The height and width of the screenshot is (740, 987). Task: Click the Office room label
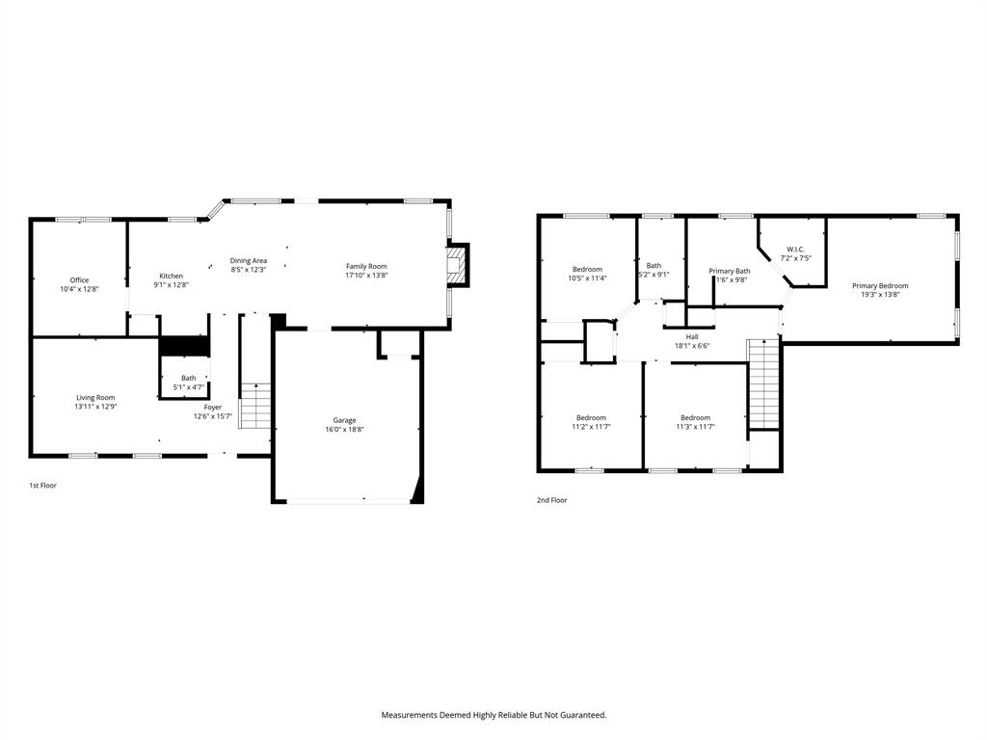pyautogui.click(x=79, y=280)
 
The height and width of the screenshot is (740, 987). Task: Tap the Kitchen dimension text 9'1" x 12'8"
pyautogui.click(x=171, y=285)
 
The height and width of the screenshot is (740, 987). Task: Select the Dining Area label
pyautogui.click(x=248, y=260)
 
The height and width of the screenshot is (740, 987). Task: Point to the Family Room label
pyautogui.click(x=366, y=266)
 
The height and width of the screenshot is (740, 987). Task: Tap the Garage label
pyautogui.click(x=345, y=420)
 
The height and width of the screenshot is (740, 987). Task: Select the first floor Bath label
pyautogui.click(x=188, y=378)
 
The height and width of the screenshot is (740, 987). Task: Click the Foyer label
pyautogui.click(x=212, y=407)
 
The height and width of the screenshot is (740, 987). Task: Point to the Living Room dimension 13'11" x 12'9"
pyautogui.click(x=96, y=407)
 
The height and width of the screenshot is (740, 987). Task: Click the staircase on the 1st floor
pyautogui.click(x=255, y=406)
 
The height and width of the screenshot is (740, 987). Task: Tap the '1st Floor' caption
pyautogui.click(x=42, y=486)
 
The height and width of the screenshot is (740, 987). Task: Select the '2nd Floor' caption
pyautogui.click(x=552, y=500)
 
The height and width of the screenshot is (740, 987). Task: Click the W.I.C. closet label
pyautogui.click(x=795, y=249)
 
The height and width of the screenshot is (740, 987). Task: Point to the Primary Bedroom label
pyautogui.click(x=879, y=285)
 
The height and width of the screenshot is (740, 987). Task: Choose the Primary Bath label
pyautogui.click(x=730, y=271)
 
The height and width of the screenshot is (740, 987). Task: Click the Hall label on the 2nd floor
pyautogui.click(x=692, y=336)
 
